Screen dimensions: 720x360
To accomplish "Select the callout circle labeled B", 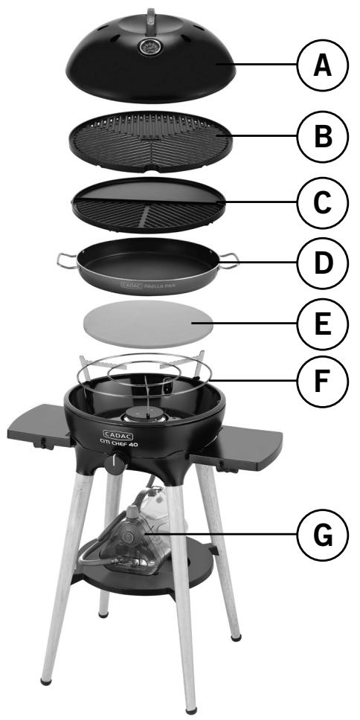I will pos(321,137).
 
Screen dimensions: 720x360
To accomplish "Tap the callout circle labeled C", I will pos(321,201).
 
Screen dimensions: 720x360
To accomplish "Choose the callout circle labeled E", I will pos(321,323).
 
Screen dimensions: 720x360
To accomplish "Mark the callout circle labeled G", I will pos(321,534).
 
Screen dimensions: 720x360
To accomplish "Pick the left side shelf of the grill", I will pos(37,425).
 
